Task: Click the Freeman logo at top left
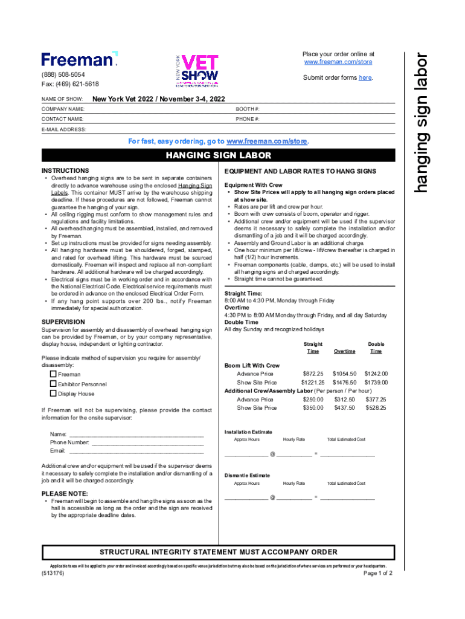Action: (79, 59)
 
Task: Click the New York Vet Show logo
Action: (196, 71)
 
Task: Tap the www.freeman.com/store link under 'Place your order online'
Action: (338, 62)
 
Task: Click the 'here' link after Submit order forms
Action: (365, 78)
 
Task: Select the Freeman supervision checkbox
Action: (53, 374)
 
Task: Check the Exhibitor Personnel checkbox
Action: (53, 384)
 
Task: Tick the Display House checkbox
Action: (53, 394)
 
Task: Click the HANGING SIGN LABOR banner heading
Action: (218, 157)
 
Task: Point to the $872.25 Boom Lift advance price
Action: (312, 374)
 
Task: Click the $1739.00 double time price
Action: (376, 383)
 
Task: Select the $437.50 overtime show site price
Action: (344, 408)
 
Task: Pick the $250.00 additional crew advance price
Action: (313, 400)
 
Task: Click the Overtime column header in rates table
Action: (344, 351)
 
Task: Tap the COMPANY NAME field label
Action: (63, 109)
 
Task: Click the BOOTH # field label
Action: (248, 109)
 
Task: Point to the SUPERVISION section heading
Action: (63, 322)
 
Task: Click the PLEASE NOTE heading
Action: (64, 494)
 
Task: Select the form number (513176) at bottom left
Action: (53, 572)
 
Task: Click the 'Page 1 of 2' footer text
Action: (378, 573)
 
